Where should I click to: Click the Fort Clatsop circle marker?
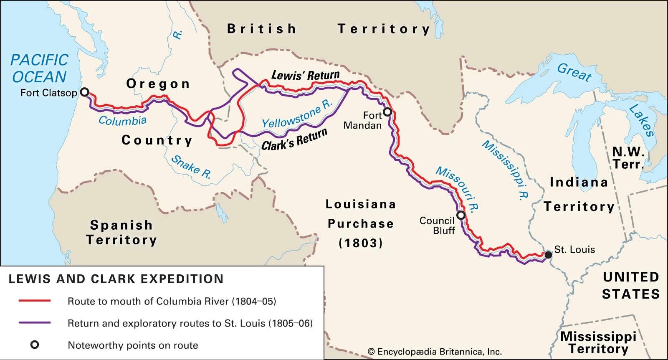85,92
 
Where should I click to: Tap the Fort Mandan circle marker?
387,112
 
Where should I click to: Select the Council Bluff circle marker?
461,215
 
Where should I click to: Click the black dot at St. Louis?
548,255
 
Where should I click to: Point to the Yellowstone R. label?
297,114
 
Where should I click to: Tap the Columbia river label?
122,121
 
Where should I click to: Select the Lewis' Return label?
305,76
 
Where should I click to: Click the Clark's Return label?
294,140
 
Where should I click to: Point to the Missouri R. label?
458,188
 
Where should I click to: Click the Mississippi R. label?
506,170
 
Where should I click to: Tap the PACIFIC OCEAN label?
39,68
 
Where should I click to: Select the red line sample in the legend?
35,301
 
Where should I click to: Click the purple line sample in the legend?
35,323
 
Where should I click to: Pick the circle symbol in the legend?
35,345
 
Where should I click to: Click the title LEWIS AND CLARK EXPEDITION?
116,279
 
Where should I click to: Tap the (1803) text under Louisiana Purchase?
361,243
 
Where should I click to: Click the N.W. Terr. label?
628,158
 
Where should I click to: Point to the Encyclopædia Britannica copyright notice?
435,352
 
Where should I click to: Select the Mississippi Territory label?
598,342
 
